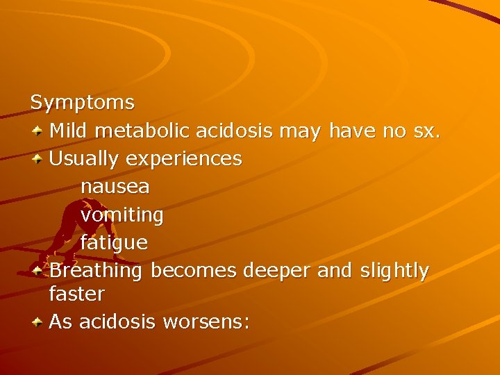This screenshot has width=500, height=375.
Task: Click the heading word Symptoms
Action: pyautogui.click(x=83, y=103)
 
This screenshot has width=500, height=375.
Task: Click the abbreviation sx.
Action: pyautogui.click(x=426, y=131)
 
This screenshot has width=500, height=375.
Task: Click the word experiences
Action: pyautogui.click(x=184, y=159)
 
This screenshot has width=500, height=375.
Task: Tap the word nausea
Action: pyautogui.click(x=115, y=187)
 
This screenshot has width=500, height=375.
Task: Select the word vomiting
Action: pyautogui.click(x=122, y=215)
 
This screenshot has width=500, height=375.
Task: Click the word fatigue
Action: pyautogui.click(x=114, y=243)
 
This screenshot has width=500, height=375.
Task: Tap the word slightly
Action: pyautogui.click(x=394, y=271)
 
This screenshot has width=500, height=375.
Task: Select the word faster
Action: pyautogui.click(x=77, y=294)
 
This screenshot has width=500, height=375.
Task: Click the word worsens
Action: pyautogui.click(x=206, y=322)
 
